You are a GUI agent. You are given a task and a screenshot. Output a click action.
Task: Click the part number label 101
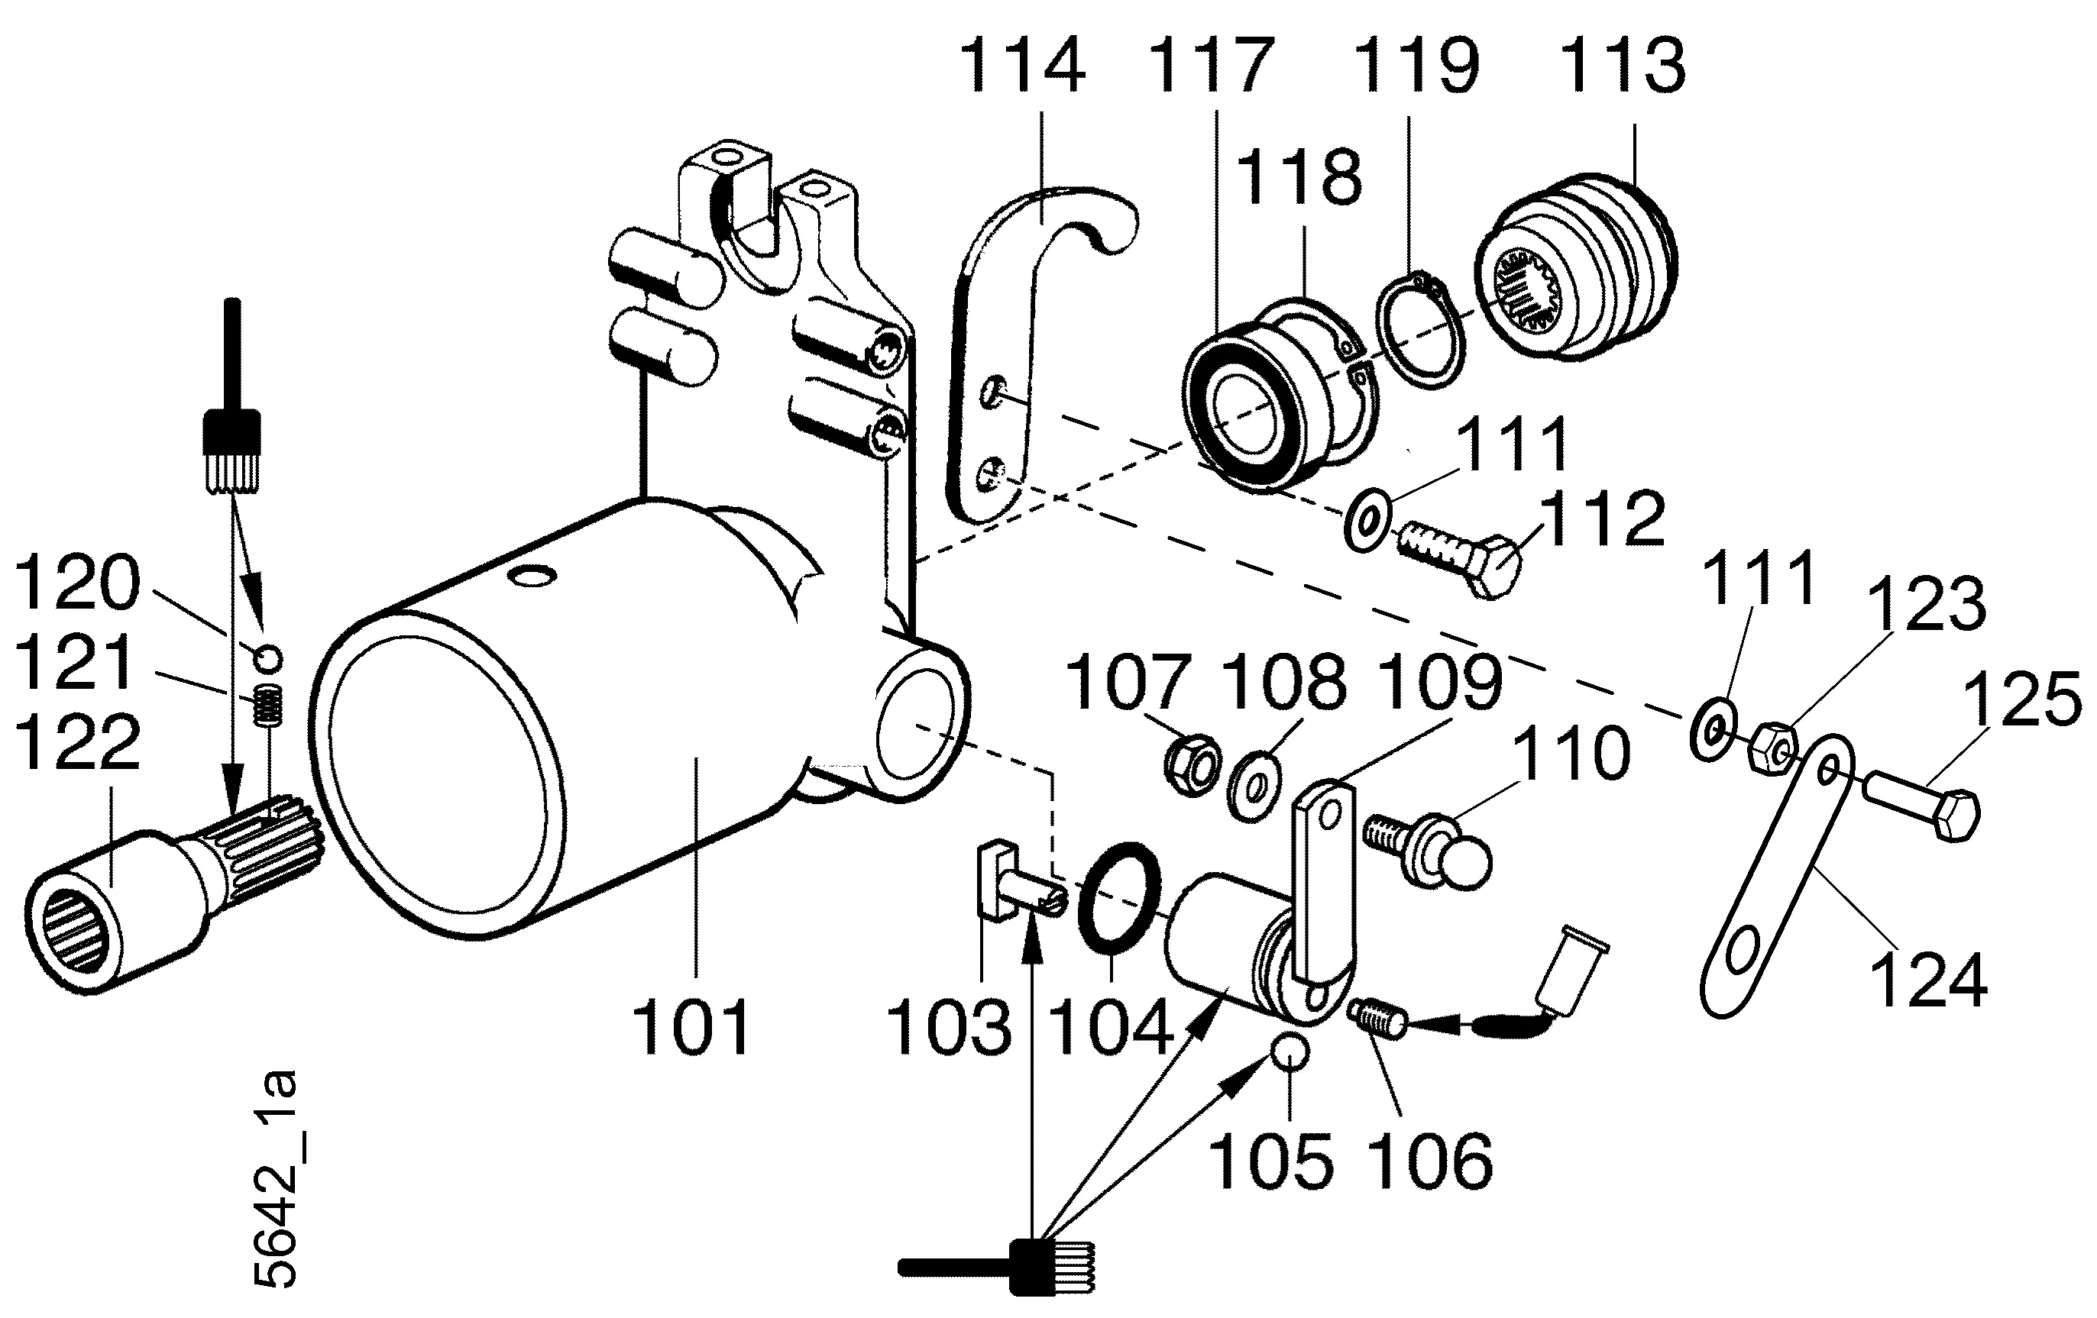point(691,1027)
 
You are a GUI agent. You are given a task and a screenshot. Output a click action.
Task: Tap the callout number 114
point(1021,66)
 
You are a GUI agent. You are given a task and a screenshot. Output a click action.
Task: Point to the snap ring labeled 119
point(1419,331)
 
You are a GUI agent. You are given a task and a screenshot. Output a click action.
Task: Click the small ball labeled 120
point(268,657)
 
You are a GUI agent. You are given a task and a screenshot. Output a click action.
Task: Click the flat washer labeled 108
point(1254,788)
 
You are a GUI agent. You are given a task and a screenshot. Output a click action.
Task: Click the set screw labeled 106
point(1377,1017)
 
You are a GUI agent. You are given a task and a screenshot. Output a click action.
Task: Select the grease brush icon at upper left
point(231,435)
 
